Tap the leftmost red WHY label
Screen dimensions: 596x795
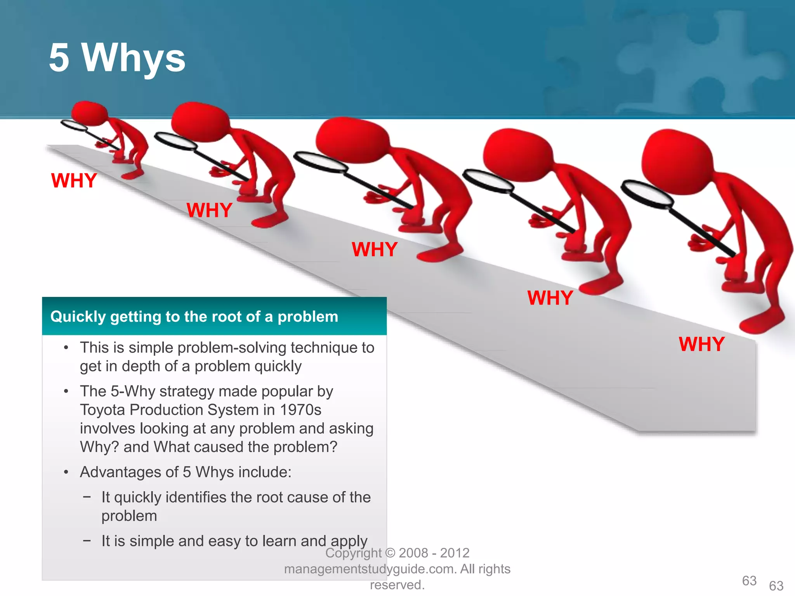(74, 181)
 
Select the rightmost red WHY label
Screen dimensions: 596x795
(701, 344)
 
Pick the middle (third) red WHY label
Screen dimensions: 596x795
(375, 249)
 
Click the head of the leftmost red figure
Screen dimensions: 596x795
(89, 113)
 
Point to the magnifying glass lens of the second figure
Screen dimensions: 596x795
(175, 141)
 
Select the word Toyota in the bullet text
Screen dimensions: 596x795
(102, 410)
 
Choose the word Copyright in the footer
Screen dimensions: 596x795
(353, 553)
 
